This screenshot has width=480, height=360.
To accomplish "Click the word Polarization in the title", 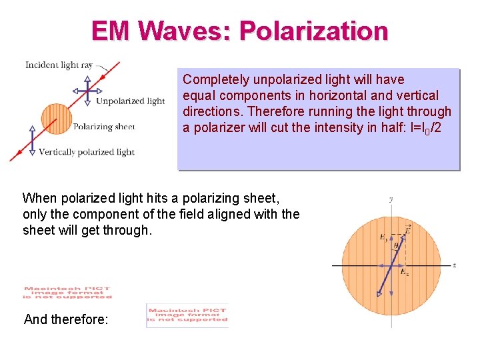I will [x=313, y=31].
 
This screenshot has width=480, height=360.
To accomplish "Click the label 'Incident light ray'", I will [x=59, y=65].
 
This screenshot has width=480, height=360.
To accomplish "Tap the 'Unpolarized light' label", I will [x=130, y=101].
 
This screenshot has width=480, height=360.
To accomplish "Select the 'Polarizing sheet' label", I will [x=104, y=126].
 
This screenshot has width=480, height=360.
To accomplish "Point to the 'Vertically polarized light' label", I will [x=87, y=152].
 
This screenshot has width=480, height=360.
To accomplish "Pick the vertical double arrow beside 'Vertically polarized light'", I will [x=32, y=141].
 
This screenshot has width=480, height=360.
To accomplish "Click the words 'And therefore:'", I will [x=65, y=319].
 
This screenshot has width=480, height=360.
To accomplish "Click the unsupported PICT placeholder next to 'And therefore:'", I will [x=187, y=315].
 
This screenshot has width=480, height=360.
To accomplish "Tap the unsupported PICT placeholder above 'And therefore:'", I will [x=67, y=293].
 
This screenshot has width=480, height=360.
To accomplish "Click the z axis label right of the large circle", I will [x=454, y=265].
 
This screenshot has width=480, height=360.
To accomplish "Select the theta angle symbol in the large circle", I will [x=395, y=246].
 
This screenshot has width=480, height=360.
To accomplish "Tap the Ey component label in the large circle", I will [x=383, y=237].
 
